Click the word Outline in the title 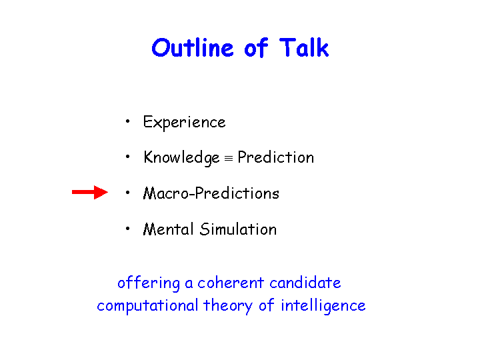(193, 48)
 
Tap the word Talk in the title (304, 47)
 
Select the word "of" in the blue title (256, 47)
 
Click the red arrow (90, 192)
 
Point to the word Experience (184, 123)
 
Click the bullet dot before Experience (127, 121)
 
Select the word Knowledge (181, 158)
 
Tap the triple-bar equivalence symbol (229, 159)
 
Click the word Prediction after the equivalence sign (276, 157)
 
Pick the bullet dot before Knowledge (127, 157)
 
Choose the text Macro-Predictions (211, 193)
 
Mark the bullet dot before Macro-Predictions (127, 193)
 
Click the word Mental (169, 229)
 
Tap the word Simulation (238, 229)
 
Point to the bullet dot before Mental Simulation (127, 229)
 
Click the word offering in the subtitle (149, 283)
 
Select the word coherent (231, 283)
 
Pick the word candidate (305, 283)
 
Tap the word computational (147, 306)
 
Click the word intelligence (323, 306)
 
